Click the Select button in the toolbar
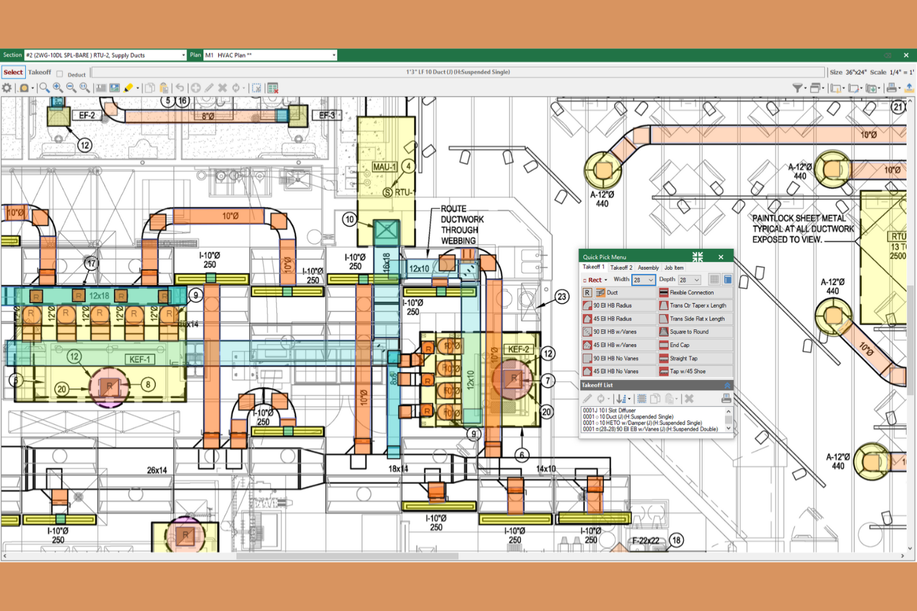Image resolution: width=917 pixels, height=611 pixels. (x=13, y=72)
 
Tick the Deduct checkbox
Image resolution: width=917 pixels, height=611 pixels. (x=60, y=74)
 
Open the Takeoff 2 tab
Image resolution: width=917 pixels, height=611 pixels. (x=621, y=268)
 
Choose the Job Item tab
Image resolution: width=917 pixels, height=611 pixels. (x=673, y=268)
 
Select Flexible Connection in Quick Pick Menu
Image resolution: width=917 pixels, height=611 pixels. (x=691, y=293)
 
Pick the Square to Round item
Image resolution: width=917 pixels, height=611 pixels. (x=688, y=332)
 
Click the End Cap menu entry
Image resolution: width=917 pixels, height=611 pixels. (x=679, y=345)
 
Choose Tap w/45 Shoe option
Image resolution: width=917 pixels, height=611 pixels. (x=687, y=371)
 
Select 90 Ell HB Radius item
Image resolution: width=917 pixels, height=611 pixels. (x=612, y=306)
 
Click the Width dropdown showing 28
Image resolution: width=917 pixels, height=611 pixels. (x=643, y=280)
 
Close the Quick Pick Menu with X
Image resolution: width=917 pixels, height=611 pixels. (x=721, y=257)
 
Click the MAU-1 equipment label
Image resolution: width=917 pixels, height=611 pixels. (x=384, y=167)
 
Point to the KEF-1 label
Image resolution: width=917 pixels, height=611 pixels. (x=139, y=360)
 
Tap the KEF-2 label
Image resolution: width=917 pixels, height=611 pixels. (x=518, y=349)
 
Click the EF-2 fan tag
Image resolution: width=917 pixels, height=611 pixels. (x=87, y=115)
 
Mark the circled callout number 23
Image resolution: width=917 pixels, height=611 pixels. (x=561, y=297)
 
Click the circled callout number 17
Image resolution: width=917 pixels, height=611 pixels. (x=91, y=264)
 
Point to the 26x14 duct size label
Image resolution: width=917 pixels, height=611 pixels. (x=157, y=470)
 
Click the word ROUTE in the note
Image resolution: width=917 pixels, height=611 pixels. (x=454, y=209)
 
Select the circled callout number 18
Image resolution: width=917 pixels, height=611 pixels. (x=676, y=540)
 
